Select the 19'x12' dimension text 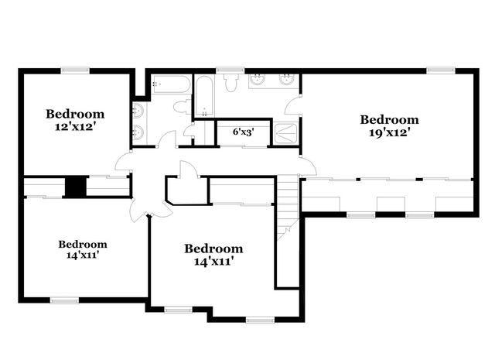[x=389, y=132]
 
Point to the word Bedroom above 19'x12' [x=389, y=120]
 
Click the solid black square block [x=75, y=187]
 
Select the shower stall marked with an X [x=286, y=132]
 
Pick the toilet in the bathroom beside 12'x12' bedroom [x=181, y=108]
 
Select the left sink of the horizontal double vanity [x=258, y=79]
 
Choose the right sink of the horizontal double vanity [x=286, y=79]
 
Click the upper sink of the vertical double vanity [x=138, y=109]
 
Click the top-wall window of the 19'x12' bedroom [x=440, y=70]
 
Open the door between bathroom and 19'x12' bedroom [x=294, y=106]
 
